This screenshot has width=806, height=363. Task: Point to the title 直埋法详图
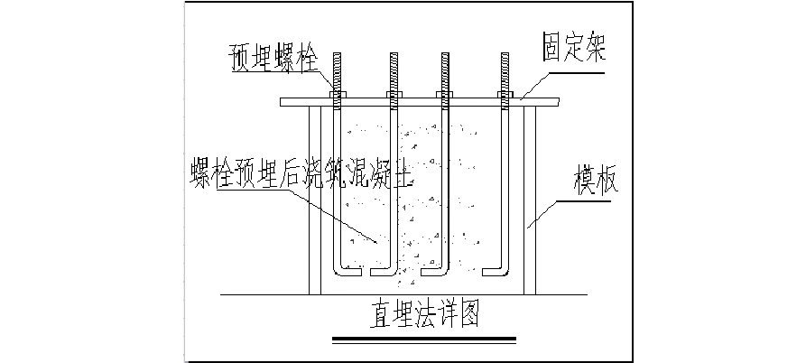pos(422,315)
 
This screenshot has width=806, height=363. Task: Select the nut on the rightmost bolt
pos(505,94)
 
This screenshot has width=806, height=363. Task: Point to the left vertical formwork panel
pos(315,199)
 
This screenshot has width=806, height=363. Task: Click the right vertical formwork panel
pos(531,199)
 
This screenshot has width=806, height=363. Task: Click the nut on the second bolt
pos(393,94)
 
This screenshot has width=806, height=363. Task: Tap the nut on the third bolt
pos(445,94)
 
